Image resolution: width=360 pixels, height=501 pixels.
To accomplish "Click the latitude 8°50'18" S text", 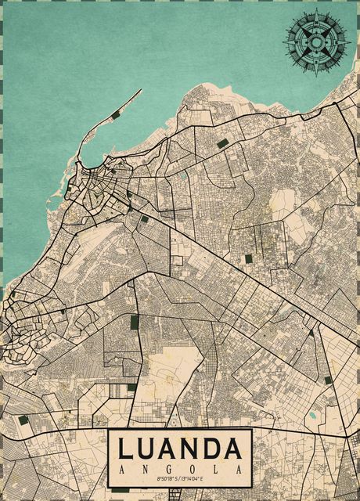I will [x=167, y=479].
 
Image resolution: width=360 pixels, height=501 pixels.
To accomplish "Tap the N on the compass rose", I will [x=316, y=13].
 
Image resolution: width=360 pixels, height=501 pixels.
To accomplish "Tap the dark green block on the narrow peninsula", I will [x=116, y=115].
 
